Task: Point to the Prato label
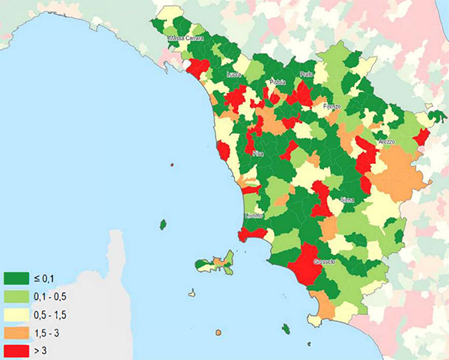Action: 305,75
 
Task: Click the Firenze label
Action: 332,107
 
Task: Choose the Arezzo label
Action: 386,141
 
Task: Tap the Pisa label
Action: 258,153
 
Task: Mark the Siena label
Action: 347,200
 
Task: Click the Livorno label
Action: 254,216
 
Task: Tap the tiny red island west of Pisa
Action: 172,164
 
